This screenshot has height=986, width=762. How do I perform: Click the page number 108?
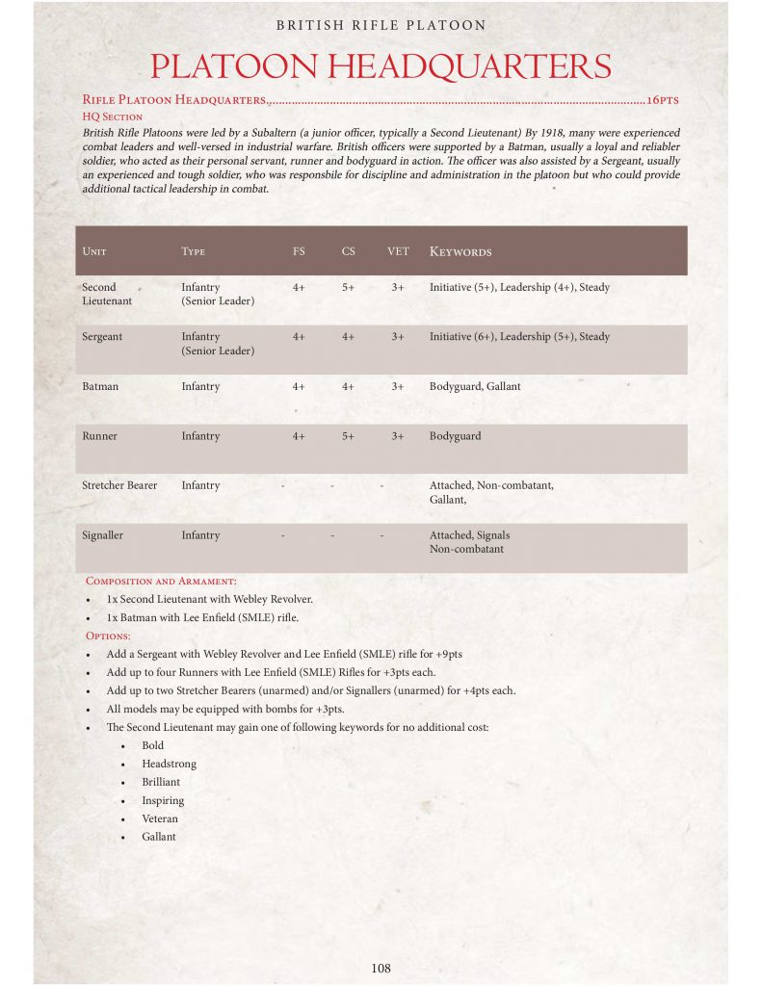(381, 968)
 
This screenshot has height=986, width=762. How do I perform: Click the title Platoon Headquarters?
(381, 66)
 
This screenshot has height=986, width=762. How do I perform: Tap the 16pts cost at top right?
(664, 99)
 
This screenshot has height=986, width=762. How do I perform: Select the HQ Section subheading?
(113, 116)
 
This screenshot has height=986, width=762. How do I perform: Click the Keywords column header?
(460, 251)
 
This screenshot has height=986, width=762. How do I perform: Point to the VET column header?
(398, 251)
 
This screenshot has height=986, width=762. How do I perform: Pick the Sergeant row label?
(103, 337)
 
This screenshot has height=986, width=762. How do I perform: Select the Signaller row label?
(103, 535)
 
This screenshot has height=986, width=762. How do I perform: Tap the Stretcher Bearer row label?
(119, 485)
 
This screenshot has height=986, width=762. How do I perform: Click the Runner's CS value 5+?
(348, 436)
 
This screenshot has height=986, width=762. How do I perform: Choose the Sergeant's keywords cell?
(519, 337)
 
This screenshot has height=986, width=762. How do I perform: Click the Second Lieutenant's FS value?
(299, 287)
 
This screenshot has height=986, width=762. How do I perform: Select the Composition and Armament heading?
(161, 581)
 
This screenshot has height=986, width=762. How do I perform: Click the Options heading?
(108, 636)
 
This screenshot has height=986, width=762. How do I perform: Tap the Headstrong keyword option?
(169, 764)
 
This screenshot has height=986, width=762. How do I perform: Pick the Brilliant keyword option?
(161, 782)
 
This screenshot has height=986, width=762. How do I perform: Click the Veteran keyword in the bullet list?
(160, 818)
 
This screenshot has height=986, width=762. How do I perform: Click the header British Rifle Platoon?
(381, 25)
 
